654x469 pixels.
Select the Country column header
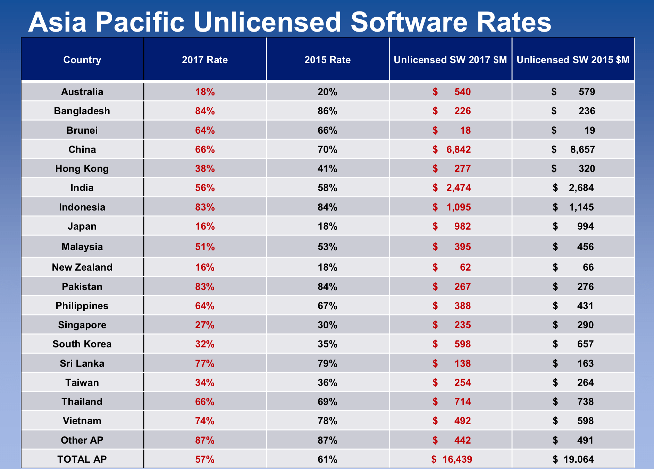[82, 60]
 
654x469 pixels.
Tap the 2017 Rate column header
[205, 60]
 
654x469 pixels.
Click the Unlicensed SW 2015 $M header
[573, 60]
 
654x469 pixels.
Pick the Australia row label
[82, 92]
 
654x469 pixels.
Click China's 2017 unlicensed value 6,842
[458, 149]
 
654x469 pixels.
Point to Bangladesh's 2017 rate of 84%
[205, 111]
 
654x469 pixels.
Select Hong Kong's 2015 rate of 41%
[327, 168]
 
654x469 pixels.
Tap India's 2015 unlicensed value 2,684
[581, 188]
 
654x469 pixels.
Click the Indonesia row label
[82, 207]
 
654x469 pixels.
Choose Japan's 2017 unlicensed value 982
[462, 226]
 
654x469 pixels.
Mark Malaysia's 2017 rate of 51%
[205, 247]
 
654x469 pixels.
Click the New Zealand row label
[82, 267]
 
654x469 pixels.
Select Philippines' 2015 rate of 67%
[327, 306]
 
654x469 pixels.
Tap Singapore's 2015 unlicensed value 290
[585, 325]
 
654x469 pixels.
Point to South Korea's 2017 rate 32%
[205, 344]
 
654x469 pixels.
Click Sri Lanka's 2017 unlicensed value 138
[462, 363]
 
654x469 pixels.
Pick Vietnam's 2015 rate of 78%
[327, 421]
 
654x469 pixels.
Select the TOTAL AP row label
[82, 459]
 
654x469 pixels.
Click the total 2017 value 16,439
[457, 459]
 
